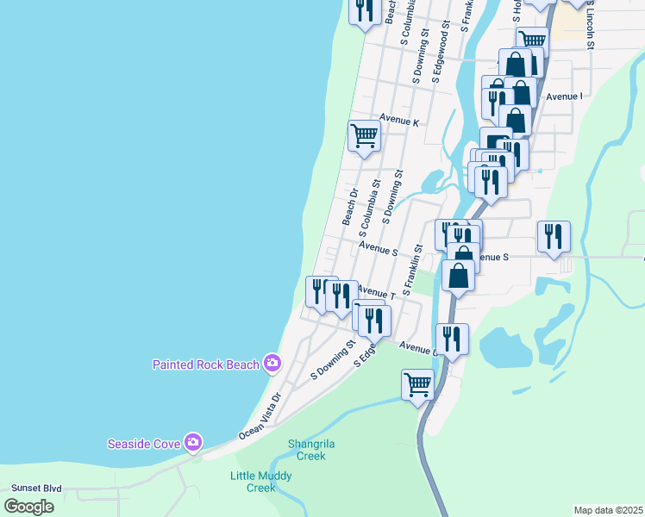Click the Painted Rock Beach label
tap(205, 364)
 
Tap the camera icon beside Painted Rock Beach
tap(272, 364)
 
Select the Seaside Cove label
tap(143, 444)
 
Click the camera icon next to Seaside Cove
tap(192, 443)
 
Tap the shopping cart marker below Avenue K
tap(364, 135)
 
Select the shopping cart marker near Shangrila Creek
tap(418, 383)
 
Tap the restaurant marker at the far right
tap(553, 235)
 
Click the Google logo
tap(28, 507)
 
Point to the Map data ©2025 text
tap(608, 509)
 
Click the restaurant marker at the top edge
tap(365, 10)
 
